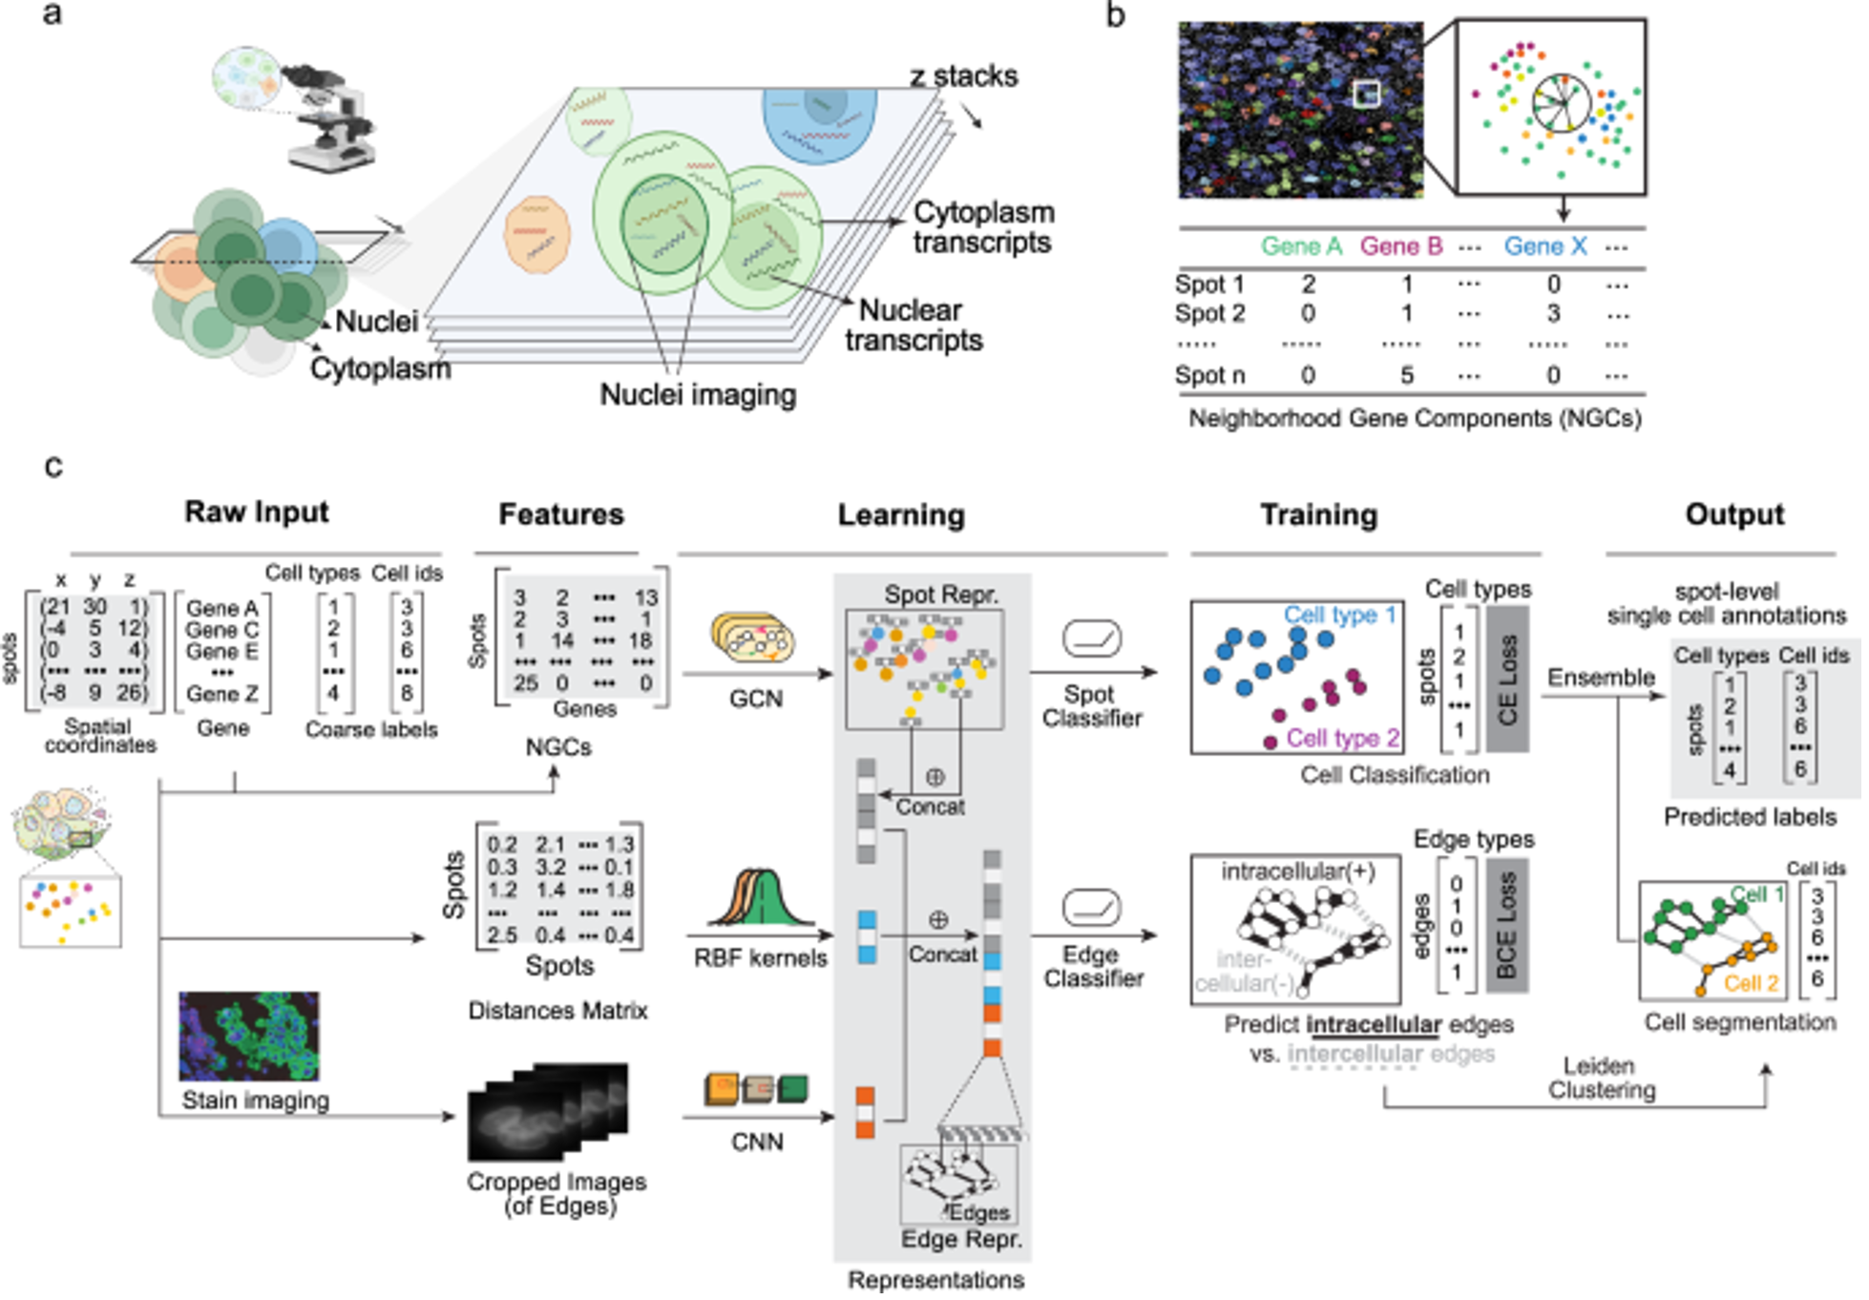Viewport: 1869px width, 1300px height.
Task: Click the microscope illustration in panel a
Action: pyautogui.click(x=329, y=124)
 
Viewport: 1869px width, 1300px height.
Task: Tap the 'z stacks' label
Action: pyautogui.click(x=963, y=75)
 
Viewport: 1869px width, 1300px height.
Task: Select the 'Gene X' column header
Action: pyautogui.click(x=1544, y=246)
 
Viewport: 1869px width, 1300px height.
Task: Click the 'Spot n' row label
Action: pyautogui.click(x=1209, y=375)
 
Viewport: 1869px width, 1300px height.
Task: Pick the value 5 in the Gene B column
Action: pyautogui.click(x=1406, y=375)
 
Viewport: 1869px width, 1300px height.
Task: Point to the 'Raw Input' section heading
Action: pyautogui.click(x=256, y=512)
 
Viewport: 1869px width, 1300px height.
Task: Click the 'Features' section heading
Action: pyautogui.click(x=560, y=514)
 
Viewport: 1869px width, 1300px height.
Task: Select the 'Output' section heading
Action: pyautogui.click(x=1733, y=514)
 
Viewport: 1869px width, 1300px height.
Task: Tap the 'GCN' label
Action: pyautogui.click(x=755, y=699)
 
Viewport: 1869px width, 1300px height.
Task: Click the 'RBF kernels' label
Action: pyautogui.click(x=760, y=957)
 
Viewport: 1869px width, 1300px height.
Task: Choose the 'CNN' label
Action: pyautogui.click(x=756, y=1142)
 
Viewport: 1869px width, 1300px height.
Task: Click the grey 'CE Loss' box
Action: pyautogui.click(x=1507, y=679)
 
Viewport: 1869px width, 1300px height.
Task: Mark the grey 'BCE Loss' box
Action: pyautogui.click(x=1507, y=925)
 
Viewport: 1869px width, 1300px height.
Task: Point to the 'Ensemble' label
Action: pyautogui.click(x=1601, y=678)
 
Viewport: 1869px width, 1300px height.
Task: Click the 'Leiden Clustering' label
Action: pyautogui.click(x=1601, y=1078)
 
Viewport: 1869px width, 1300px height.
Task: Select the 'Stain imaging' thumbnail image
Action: pyautogui.click(x=249, y=1036)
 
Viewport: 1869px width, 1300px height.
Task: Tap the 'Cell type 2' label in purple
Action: pyautogui.click(x=1342, y=738)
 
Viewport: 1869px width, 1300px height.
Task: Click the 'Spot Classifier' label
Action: pyautogui.click(x=1091, y=706)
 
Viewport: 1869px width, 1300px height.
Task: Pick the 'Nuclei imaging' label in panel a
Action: pyautogui.click(x=698, y=394)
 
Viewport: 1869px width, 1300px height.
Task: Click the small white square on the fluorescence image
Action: pyautogui.click(x=1367, y=94)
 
